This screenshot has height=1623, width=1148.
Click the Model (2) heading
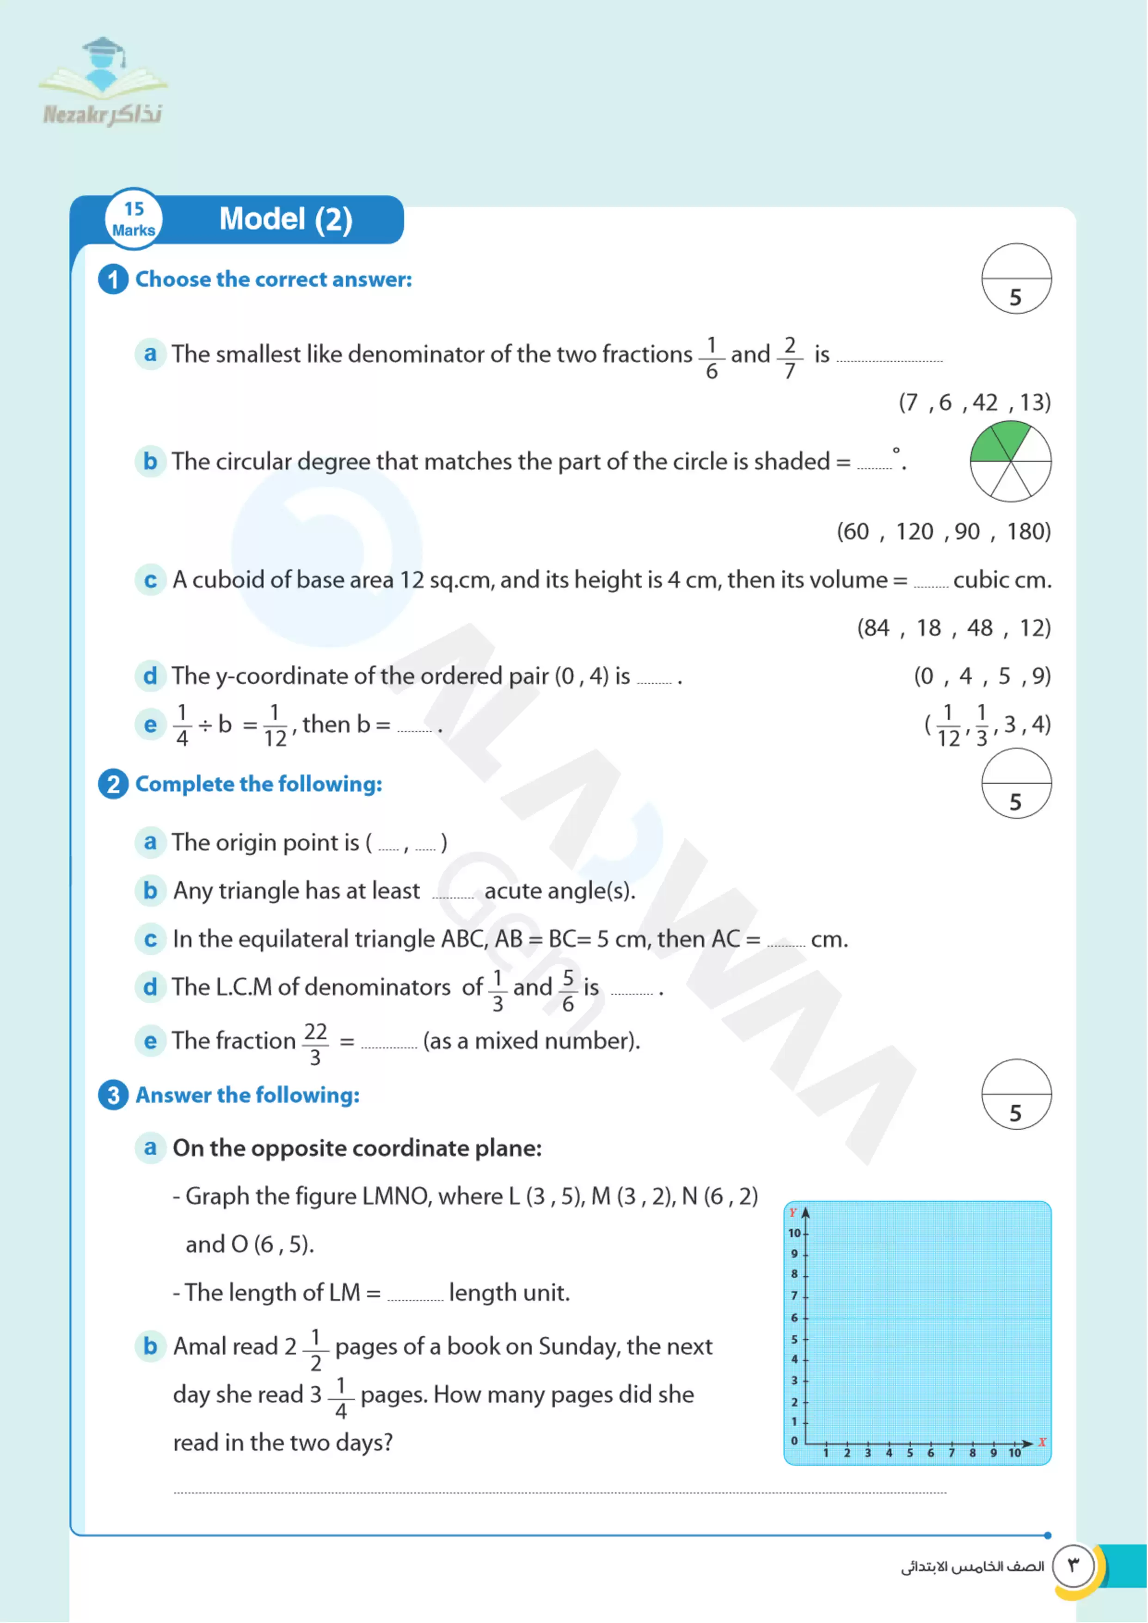286,219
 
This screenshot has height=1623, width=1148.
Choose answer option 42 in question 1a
985,403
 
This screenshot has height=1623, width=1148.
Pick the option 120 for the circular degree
914,531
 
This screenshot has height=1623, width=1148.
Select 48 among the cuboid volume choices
979,628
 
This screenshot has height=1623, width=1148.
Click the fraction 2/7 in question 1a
790,357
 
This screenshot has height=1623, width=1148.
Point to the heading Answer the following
247,1096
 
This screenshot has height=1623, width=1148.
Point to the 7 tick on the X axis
952,1453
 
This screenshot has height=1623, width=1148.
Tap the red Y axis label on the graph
792,1213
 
